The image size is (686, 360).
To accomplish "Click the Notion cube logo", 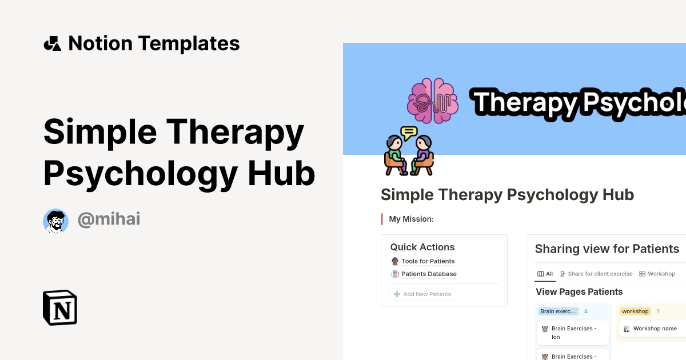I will pos(60,307).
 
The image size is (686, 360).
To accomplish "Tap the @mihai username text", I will pos(109,219).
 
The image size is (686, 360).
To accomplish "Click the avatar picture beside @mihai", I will pos(55,221).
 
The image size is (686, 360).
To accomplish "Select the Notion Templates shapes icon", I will pos(53,43).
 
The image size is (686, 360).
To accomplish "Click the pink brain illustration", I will pos(433,101).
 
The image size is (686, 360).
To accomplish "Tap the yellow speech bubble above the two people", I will pos(409,133).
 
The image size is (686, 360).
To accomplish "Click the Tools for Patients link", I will pos(428,261).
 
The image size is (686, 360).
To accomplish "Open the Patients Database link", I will pos(429,274).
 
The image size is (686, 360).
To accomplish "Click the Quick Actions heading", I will pos(422,247).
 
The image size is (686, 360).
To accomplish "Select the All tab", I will pos(545,274).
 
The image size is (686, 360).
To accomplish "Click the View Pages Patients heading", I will pos(579,291).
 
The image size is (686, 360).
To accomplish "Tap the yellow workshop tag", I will pos(635,311).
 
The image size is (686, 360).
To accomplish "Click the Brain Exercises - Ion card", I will pos(573,333).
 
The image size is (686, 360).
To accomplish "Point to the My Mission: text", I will pos(411,219).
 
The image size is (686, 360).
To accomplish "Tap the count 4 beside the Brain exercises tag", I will pos(585,311).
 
